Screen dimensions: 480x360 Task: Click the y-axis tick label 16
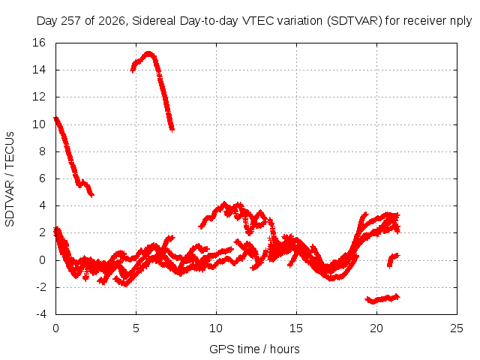pyautogui.click(x=39, y=43)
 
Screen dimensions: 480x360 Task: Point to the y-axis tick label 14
pyautogui.click(x=39, y=70)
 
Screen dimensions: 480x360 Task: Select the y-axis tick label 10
pyautogui.click(x=39, y=124)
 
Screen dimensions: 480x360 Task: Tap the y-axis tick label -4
pyautogui.click(x=41, y=314)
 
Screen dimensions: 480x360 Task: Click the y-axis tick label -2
pyautogui.click(x=41, y=287)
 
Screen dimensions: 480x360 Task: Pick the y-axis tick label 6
pyautogui.click(x=42, y=178)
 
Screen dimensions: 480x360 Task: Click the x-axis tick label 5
pyautogui.click(x=136, y=328)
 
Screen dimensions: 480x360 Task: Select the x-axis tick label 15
pyautogui.click(x=296, y=328)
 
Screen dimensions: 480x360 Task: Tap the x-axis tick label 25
pyautogui.click(x=457, y=328)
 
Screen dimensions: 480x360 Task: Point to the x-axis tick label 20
pyautogui.click(x=376, y=328)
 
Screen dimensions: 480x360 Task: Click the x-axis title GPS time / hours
pyautogui.click(x=254, y=349)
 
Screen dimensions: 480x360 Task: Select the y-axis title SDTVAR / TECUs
pyautogui.click(x=10, y=179)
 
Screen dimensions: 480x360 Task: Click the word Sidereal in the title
pyautogui.click(x=154, y=21)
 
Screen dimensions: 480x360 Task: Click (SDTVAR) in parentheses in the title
pyautogui.click(x=355, y=21)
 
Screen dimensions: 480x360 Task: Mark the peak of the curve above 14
pyautogui.click(x=148, y=54)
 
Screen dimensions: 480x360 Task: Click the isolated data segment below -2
pyautogui.click(x=382, y=298)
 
